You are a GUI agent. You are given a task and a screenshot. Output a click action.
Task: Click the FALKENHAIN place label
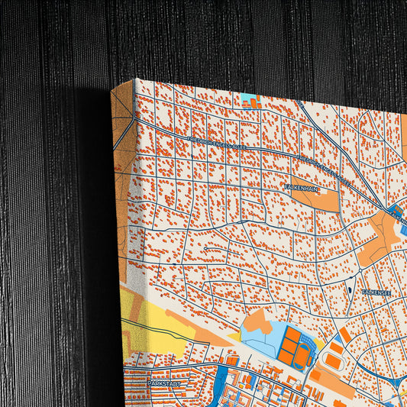300,186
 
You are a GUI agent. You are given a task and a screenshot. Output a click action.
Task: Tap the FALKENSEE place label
376,292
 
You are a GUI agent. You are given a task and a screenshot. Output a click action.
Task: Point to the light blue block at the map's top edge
250,99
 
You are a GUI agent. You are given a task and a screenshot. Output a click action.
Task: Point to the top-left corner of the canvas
135,79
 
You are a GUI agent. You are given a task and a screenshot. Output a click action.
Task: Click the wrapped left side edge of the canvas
122,229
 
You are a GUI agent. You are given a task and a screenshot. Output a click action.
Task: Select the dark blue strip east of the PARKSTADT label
221,377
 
